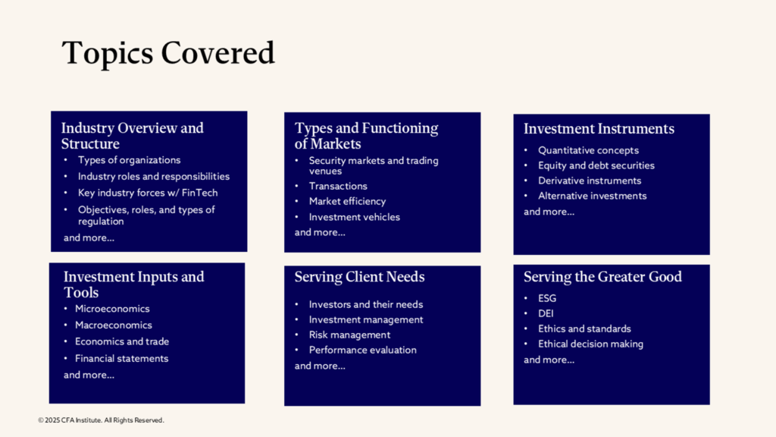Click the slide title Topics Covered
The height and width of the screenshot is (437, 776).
(x=167, y=53)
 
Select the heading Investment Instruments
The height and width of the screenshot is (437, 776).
(x=599, y=129)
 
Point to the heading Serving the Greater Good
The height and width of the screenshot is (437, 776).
(x=602, y=277)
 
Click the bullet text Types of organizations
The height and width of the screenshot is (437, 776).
(x=129, y=160)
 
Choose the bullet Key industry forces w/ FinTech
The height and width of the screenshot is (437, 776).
(x=147, y=193)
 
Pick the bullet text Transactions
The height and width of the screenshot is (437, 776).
(x=338, y=186)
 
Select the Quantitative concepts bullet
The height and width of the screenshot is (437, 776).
(x=588, y=150)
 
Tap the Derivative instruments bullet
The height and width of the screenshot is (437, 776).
(x=590, y=181)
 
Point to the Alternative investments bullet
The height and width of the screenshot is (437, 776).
(x=592, y=196)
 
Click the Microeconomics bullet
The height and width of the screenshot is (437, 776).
(x=112, y=309)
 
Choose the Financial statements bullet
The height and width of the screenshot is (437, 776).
(x=121, y=358)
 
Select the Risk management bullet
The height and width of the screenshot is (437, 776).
(x=349, y=335)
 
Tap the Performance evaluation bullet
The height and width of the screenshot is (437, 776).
(x=362, y=350)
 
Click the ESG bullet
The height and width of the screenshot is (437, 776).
(x=547, y=298)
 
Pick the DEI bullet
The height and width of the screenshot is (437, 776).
(x=546, y=313)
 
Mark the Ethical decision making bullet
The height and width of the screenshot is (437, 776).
(x=590, y=344)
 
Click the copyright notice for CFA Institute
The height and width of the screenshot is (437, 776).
(x=101, y=420)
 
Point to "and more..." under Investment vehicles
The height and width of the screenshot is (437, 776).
(x=320, y=232)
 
